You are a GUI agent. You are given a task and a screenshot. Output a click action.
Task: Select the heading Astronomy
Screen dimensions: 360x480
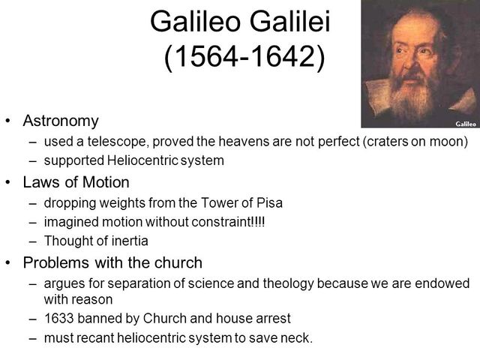(61, 120)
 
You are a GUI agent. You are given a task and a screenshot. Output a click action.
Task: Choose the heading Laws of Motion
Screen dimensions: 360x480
(76, 181)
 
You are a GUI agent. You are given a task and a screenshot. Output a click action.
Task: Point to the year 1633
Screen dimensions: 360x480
(58, 317)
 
